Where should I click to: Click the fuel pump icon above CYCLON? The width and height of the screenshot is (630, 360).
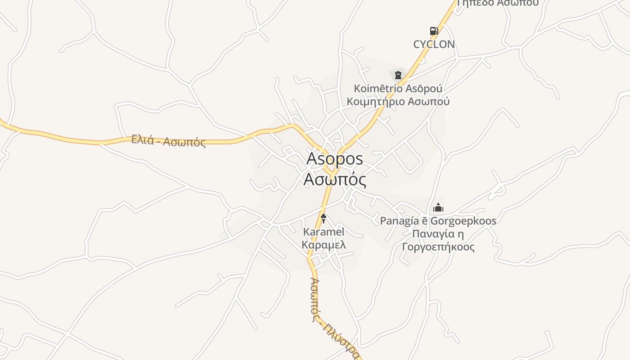(x=434, y=31)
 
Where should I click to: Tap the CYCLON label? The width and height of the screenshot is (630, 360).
(x=434, y=44)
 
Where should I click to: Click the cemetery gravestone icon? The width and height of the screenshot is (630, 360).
(x=398, y=75)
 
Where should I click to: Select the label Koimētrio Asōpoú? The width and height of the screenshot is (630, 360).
(x=398, y=89)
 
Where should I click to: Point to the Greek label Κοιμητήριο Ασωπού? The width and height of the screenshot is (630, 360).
(x=398, y=101)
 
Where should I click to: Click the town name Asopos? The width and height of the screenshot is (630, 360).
(x=334, y=159)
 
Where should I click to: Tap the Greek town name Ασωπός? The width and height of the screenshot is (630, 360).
(x=334, y=180)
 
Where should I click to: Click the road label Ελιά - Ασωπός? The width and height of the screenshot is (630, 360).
(x=168, y=141)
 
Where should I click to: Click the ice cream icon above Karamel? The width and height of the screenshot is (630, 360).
(x=323, y=219)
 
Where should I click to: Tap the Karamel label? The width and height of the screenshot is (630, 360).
(x=324, y=232)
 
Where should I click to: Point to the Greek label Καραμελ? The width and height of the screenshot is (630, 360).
(x=324, y=245)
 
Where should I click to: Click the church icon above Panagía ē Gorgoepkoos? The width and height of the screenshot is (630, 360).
(x=438, y=207)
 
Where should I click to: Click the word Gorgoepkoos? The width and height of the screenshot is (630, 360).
(x=463, y=221)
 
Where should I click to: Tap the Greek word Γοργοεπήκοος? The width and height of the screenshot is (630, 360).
(x=438, y=247)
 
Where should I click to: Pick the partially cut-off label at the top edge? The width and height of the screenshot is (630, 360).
(x=497, y=3)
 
